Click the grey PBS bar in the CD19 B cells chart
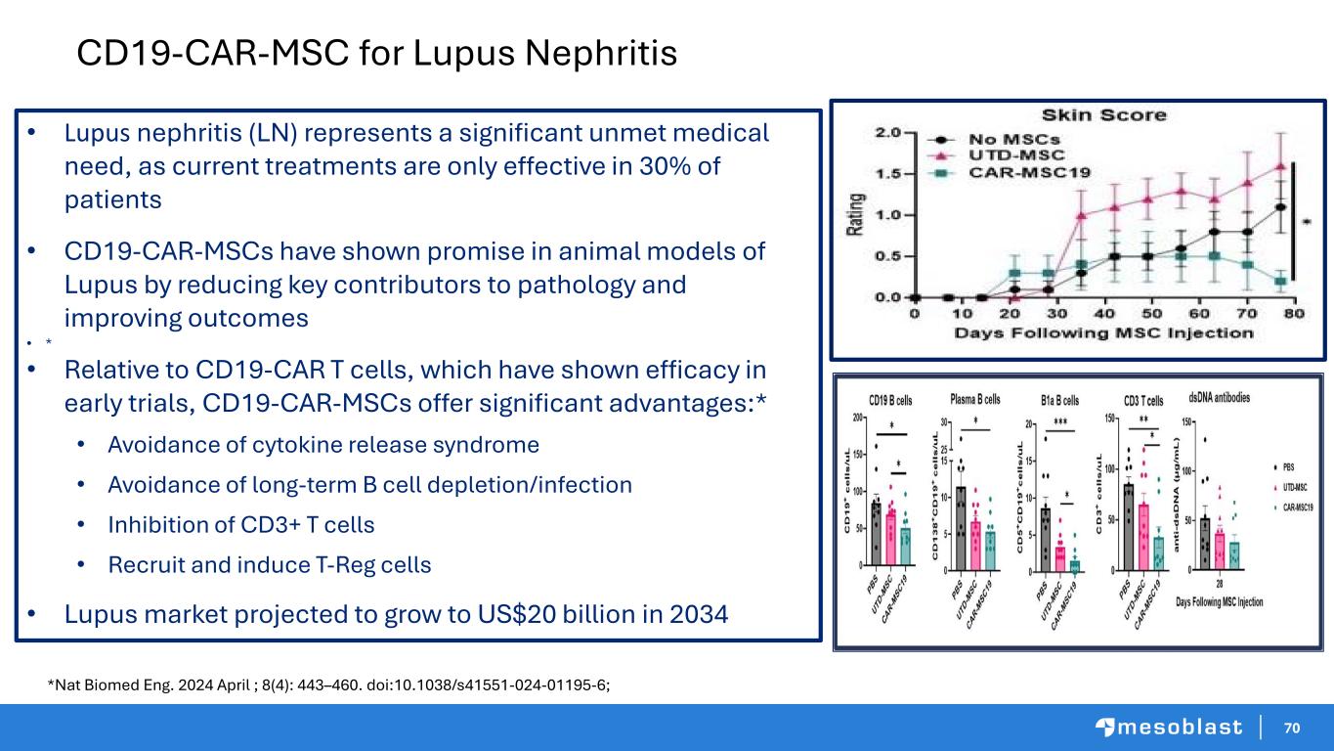(877, 534)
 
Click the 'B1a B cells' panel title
(1059, 400)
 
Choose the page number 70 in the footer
(1292, 728)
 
